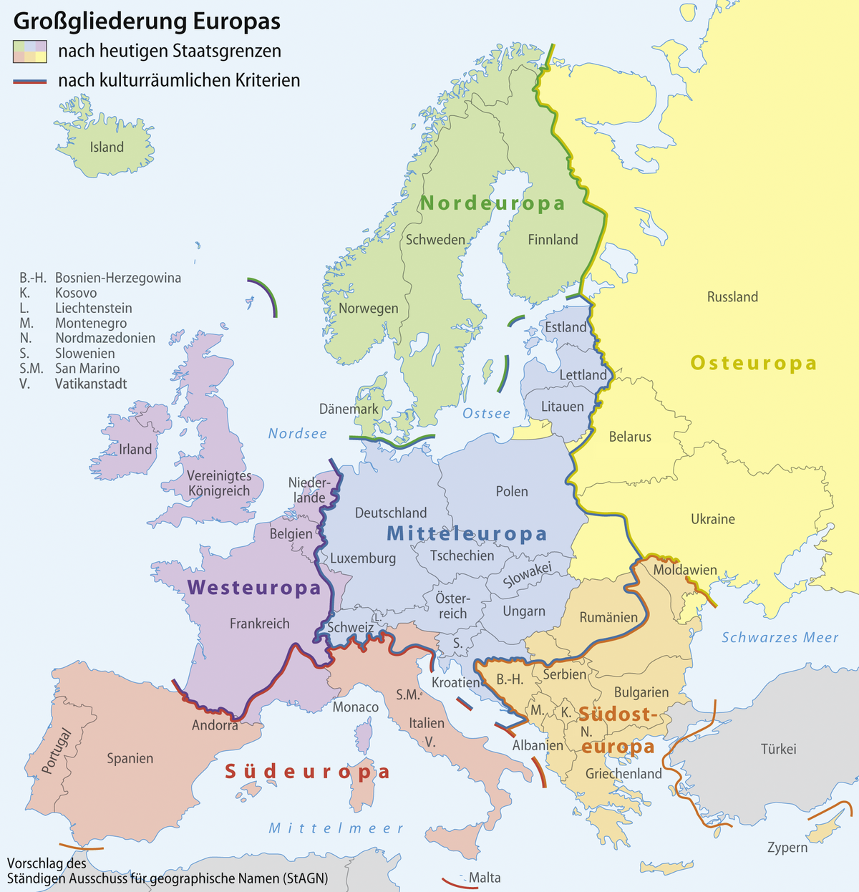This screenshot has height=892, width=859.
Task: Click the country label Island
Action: click(107, 147)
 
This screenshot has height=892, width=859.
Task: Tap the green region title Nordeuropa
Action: click(492, 204)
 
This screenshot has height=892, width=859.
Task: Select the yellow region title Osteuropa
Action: click(753, 364)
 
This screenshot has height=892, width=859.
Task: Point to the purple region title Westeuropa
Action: click(254, 588)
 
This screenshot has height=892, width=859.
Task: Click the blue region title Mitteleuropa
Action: click(467, 534)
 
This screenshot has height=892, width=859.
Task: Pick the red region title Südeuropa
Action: click(308, 772)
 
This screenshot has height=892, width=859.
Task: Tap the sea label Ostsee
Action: click(486, 414)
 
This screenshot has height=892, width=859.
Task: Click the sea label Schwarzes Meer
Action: click(780, 638)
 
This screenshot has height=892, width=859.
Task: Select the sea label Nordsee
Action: click(297, 434)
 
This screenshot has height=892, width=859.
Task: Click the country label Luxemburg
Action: click(363, 558)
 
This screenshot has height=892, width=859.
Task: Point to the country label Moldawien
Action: click(685, 571)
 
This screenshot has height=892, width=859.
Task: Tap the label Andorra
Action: click(215, 725)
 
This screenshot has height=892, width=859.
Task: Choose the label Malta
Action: click(485, 878)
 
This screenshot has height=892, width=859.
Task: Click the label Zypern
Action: click(787, 848)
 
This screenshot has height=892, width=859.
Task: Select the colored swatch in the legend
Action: click(29, 52)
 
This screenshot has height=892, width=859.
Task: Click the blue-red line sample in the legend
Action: click(29, 81)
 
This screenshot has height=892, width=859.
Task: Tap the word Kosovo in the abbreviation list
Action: click(76, 293)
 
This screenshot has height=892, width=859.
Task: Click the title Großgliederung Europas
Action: click(147, 21)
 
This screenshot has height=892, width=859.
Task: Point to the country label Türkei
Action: click(778, 749)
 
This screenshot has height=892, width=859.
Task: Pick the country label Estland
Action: click(566, 327)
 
